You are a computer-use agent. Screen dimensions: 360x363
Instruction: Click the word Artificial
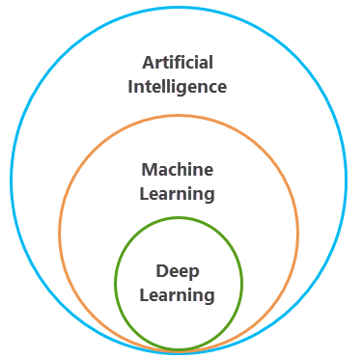click(178, 63)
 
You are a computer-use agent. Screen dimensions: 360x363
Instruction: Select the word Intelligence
click(178, 87)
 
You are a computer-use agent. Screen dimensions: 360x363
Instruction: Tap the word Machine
click(178, 170)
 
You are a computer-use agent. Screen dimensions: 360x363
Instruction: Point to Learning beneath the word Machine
click(178, 193)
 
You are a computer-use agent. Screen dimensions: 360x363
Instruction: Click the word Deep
click(178, 272)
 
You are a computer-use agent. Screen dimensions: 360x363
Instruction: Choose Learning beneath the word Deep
click(178, 295)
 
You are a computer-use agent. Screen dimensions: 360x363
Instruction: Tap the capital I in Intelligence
click(130, 87)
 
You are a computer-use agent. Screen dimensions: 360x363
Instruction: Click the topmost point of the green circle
click(179, 218)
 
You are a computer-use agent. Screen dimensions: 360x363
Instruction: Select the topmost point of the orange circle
click(179, 116)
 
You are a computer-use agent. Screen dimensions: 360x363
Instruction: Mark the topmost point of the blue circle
click(179, 8)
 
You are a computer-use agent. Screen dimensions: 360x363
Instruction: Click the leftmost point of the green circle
click(115, 282)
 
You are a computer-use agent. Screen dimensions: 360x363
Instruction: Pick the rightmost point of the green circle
click(242, 282)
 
